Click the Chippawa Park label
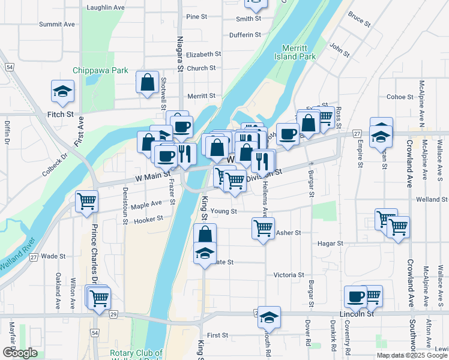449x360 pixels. pos(100,70)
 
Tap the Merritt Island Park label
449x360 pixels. pos(299,52)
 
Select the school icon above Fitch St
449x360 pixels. pos(62,92)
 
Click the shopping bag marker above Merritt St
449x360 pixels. pos(147,83)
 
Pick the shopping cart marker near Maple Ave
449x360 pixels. pos(87,202)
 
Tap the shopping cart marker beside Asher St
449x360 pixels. pos(263,229)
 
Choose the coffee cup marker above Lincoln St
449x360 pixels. pos(355,296)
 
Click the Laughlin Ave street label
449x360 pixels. pos(106,8)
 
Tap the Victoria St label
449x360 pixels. pos(289,275)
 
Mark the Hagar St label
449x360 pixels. pos(330,244)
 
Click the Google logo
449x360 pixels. pos(20,353)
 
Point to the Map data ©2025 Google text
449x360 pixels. pos(412,355)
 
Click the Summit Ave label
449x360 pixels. pos(57,25)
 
